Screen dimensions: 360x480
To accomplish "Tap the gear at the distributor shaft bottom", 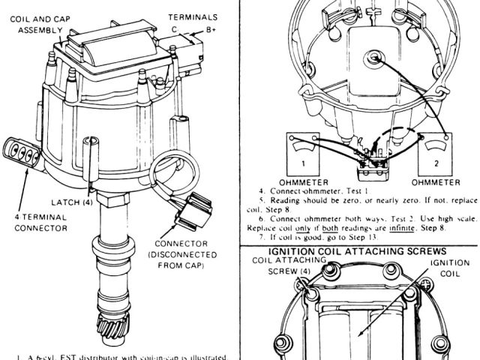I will [114, 331].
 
